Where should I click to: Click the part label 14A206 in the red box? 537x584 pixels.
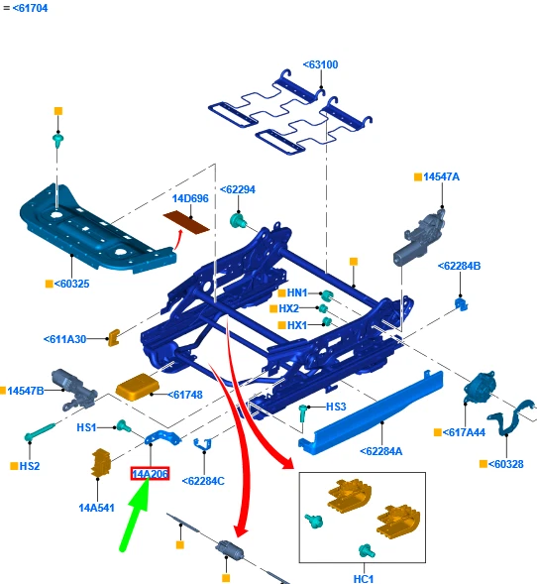(150, 474)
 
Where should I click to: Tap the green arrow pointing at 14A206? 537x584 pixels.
(135, 514)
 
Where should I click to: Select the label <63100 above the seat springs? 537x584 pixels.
(320, 64)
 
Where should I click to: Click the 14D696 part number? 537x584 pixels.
(190, 198)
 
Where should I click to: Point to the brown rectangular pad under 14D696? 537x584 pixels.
(186, 222)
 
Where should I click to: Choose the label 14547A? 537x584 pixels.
(441, 176)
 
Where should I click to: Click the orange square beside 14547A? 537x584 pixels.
(418, 176)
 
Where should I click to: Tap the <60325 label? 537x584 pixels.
(71, 284)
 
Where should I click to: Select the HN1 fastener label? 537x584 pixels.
(297, 293)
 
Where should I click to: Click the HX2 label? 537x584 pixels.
(288, 308)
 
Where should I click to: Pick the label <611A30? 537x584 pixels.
(64, 339)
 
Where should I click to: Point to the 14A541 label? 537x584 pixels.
(96, 508)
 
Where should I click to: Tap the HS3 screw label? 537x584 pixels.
(336, 407)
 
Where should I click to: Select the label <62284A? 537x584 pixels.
(381, 451)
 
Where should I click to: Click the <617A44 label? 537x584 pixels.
(464, 432)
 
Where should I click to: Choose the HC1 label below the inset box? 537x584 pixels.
(364, 579)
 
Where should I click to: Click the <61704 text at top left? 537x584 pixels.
(30, 8)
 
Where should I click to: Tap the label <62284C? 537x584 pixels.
(203, 481)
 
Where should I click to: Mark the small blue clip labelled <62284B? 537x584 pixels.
(461, 304)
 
